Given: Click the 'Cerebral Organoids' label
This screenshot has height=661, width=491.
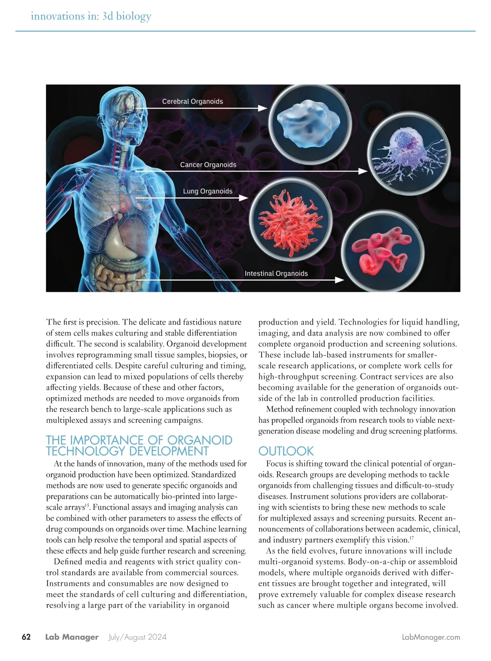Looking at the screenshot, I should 192,101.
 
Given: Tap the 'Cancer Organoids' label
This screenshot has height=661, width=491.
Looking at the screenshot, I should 208,165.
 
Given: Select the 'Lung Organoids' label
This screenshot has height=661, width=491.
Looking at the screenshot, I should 207,191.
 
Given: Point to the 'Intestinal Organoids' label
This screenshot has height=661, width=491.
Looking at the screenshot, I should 276,273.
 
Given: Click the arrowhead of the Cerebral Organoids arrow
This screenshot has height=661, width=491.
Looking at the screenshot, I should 262,108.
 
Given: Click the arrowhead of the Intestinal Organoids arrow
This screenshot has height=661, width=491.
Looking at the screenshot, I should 340,280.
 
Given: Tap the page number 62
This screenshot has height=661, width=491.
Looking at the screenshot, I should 26,637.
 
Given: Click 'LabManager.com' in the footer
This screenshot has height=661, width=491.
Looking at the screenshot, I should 431,637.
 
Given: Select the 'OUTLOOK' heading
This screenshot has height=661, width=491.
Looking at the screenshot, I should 286,451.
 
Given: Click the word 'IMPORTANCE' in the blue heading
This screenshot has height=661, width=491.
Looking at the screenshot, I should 108,441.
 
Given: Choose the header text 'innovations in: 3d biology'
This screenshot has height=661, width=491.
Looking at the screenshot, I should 91,16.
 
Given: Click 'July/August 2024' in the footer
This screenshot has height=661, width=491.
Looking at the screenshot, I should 137,637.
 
